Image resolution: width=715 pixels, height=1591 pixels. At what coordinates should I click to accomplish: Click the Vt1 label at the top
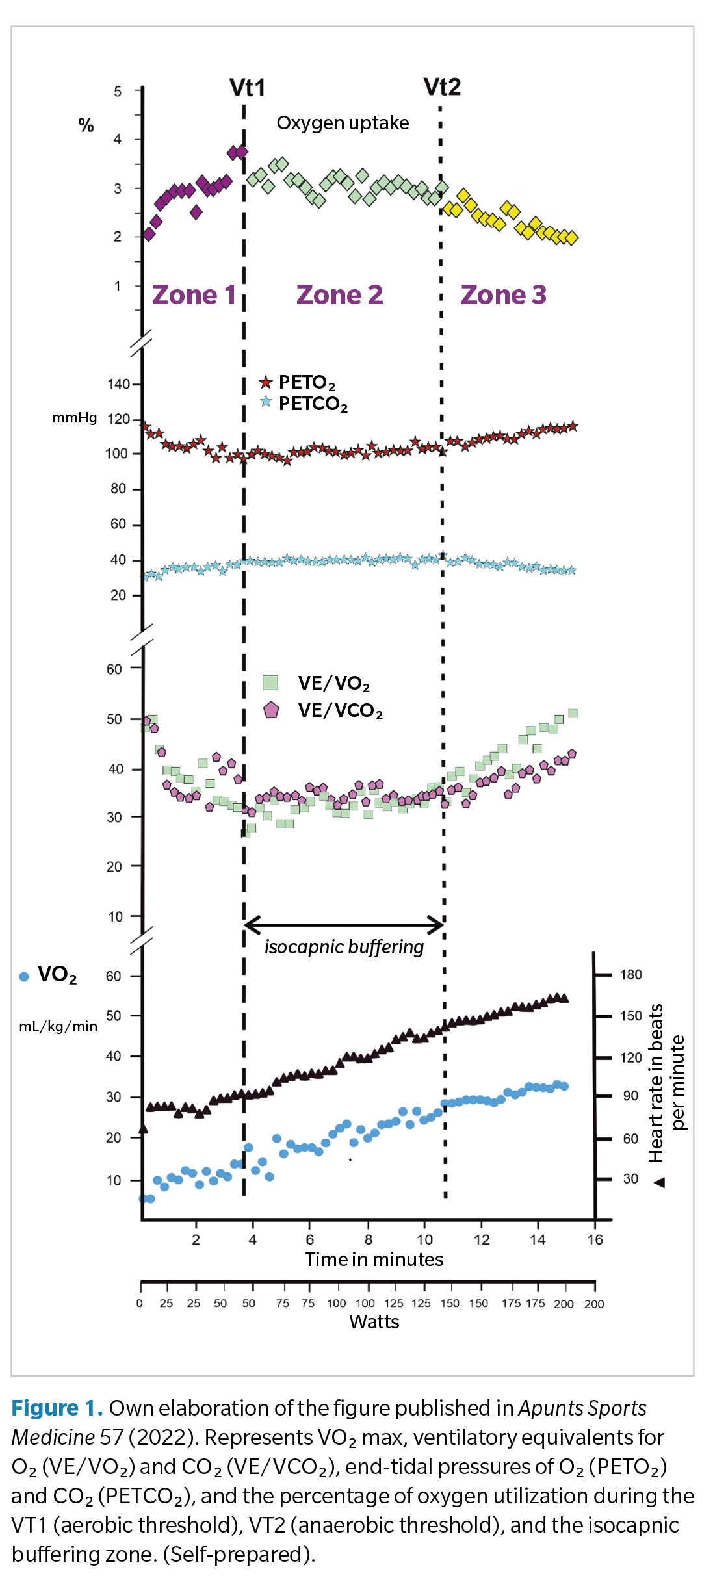[x=247, y=88]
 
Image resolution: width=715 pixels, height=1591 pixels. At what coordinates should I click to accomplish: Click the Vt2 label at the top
[x=442, y=87]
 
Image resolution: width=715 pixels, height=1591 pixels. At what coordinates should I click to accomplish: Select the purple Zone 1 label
[x=194, y=295]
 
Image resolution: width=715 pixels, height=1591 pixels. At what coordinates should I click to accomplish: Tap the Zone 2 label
[x=339, y=295]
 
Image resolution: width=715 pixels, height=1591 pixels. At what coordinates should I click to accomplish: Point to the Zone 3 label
[x=504, y=295]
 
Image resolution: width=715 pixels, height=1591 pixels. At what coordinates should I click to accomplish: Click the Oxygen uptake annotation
[x=343, y=123]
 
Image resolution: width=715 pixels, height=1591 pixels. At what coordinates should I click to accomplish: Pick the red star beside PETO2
[x=266, y=382]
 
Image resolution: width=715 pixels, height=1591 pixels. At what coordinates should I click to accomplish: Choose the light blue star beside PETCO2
[x=266, y=402]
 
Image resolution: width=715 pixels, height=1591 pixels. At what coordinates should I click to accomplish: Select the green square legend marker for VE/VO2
[x=270, y=682]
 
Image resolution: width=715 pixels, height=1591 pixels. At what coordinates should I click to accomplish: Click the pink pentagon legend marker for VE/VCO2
[x=271, y=710]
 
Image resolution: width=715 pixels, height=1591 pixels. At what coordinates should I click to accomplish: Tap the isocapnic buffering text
[x=344, y=947]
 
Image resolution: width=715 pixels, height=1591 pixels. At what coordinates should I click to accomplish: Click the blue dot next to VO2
[x=24, y=976]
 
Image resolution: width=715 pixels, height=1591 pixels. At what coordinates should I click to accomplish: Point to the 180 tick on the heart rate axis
[x=630, y=975]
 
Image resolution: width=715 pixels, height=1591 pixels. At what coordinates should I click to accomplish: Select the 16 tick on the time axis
[x=595, y=1239]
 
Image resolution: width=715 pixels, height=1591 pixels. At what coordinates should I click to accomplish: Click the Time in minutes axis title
[x=374, y=1260]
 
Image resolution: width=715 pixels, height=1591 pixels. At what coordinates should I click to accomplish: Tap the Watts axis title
[x=374, y=1322]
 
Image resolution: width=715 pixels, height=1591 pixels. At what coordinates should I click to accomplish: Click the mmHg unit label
[x=74, y=418]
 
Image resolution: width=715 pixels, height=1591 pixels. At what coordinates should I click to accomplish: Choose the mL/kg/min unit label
[x=58, y=1026]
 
